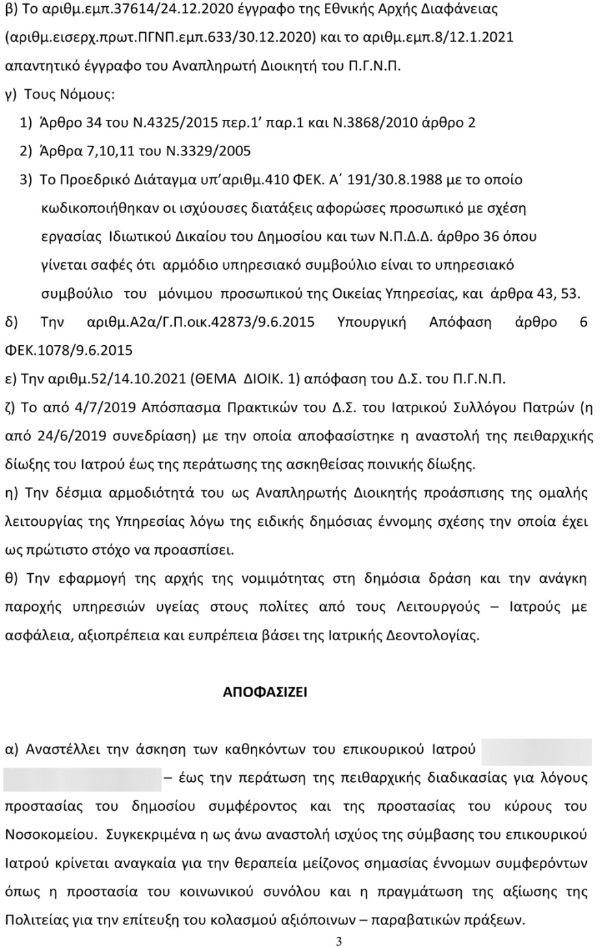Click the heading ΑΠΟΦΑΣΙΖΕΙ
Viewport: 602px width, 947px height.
[265, 692]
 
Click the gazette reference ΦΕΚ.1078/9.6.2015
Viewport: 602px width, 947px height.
[68, 351]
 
